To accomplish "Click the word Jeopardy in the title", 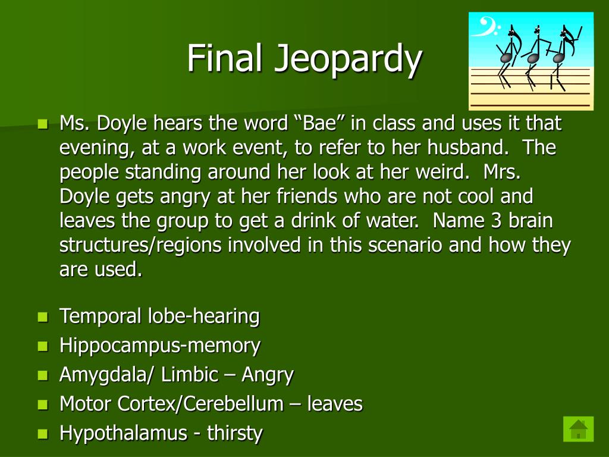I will coord(348,60).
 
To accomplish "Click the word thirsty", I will coord(235,433).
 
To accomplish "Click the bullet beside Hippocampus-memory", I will coord(42,346).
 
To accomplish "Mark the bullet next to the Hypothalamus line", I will coord(42,434).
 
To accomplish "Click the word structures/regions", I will coord(152,245).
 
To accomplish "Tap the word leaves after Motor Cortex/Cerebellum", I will coord(335,404).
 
